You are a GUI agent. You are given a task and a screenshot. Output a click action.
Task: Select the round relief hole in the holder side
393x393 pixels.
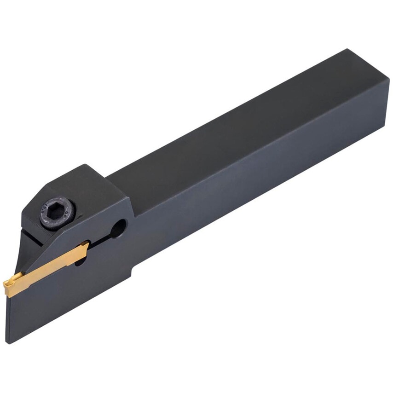(x=118, y=227)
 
